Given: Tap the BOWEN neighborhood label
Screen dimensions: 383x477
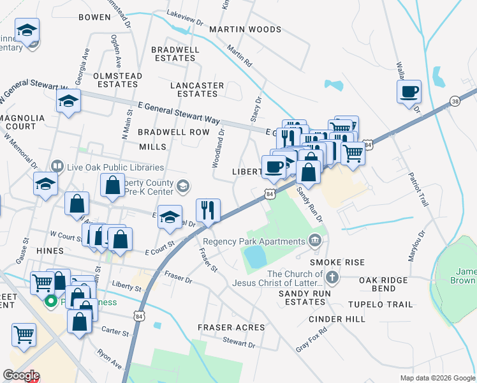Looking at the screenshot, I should (94, 17).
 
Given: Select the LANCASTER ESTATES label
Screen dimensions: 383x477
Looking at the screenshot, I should (197, 89).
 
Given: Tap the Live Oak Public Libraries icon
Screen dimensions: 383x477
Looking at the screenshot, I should (58, 167).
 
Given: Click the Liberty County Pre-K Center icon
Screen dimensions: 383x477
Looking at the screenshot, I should (183, 186).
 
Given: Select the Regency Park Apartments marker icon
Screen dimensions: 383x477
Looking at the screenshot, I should (314, 241).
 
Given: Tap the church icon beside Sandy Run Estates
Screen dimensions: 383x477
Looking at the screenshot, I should (332, 278).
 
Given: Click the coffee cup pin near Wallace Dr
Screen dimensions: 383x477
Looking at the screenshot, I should (408, 91).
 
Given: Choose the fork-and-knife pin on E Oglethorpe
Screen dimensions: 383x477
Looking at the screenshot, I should (208, 210).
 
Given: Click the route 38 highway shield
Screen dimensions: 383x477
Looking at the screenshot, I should (455, 101).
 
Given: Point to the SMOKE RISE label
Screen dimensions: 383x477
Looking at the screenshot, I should (337, 262).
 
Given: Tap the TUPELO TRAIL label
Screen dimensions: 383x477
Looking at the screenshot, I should (385, 304).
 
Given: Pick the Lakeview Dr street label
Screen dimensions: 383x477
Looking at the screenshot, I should (184, 22).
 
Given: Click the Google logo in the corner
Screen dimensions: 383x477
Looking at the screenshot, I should (21, 375).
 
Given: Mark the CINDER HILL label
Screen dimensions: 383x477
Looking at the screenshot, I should (337, 319).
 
